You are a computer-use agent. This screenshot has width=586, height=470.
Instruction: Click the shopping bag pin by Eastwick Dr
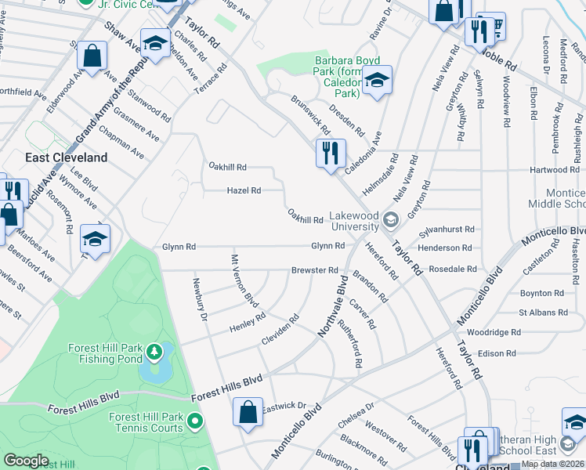click(248, 413)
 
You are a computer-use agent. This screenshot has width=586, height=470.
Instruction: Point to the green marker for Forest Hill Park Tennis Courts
click(196, 423)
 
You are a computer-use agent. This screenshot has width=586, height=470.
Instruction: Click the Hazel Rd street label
click(244, 190)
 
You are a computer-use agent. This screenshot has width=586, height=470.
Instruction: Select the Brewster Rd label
click(314, 269)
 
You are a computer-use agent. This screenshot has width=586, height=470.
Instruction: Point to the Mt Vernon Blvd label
click(244, 280)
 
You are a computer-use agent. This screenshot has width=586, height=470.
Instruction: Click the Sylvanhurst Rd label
click(447, 230)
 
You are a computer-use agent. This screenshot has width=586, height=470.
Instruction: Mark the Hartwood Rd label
click(554, 169)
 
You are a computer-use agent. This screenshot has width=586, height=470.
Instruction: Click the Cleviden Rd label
click(281, 332)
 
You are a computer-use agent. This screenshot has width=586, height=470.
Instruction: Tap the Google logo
click(26, 461)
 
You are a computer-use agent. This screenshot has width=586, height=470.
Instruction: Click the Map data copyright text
click(552, 464)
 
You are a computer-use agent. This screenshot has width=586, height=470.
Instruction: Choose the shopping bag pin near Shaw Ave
click(92, 57)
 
